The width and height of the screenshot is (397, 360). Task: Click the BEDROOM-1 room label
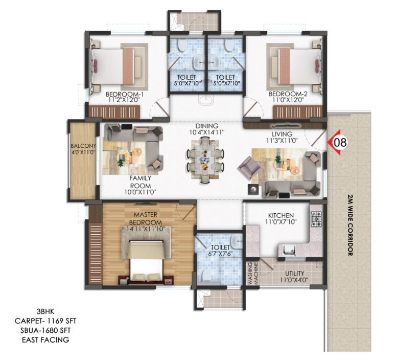(x=125, y=94)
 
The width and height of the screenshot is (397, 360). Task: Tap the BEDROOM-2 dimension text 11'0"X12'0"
(x=288, y=100)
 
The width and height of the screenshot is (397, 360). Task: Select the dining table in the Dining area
(x=205, y=160)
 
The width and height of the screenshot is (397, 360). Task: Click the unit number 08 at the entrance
(x=340, y=142)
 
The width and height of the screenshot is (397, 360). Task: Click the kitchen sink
(x=289, y=250)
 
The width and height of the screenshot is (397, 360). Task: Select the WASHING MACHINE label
(x=253, y=274)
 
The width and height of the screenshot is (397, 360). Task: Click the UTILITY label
(x=294, y=274)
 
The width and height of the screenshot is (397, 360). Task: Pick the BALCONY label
(x=83, y=146)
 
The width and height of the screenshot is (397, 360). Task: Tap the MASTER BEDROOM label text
(x=145, y=218)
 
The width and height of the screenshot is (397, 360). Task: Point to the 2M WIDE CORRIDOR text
(x=351, y=225)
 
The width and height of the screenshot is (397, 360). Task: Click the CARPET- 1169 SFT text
(x=45, y=321)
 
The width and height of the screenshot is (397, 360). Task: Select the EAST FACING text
(x=45, y=340)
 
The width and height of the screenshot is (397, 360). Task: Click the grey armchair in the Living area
(x=249, y=167)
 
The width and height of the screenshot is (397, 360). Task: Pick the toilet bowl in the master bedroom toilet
(x=207, y=276)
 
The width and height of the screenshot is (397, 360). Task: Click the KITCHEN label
(x=281, y=216)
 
